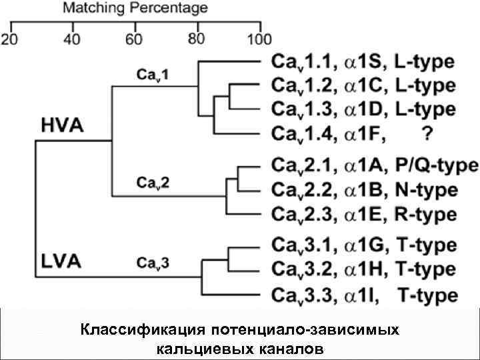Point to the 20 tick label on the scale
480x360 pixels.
tap(11, 39)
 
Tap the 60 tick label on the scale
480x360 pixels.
tap(135, 39)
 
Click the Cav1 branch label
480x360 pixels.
tap(153, 75)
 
